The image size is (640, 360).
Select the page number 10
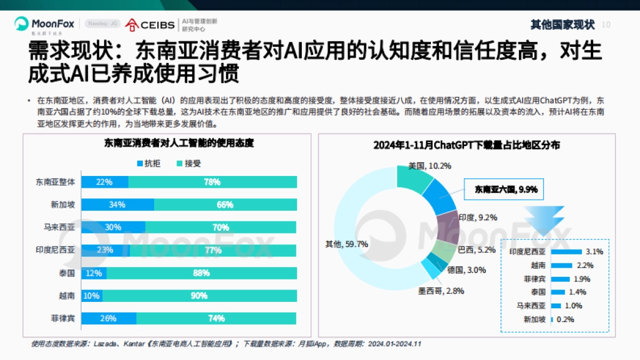click(x=606, y=25)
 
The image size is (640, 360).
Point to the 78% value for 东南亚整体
click(x=212, y=182)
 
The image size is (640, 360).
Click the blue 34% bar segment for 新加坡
click(x=117, y=205)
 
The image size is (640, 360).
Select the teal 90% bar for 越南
click(x=199, y=296)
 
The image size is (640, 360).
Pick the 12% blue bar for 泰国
click(x=94, y=273)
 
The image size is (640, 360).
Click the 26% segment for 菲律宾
click(x=109, y=318)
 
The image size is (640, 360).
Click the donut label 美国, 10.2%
click(x=430, y=166)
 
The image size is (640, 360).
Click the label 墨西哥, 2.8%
click(x=441, y=291)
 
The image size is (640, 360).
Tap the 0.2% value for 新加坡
click(x=565, y=319)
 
